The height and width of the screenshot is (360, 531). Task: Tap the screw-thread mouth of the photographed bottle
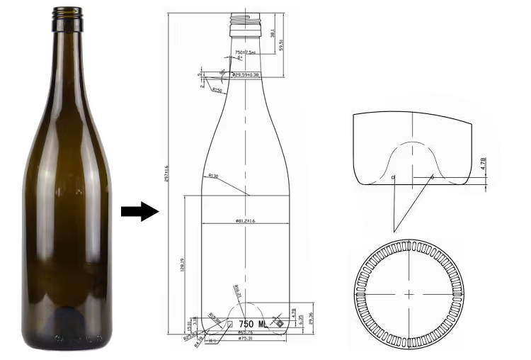(67, 18)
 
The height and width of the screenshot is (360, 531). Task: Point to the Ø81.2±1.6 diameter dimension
(245, 221)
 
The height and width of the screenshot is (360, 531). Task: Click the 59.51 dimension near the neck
(282, 44)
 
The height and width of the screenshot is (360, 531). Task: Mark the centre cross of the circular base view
(409, 293)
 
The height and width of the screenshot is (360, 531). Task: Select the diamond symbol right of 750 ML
(278, 324)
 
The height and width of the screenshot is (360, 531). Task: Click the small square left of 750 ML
(229, 324)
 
